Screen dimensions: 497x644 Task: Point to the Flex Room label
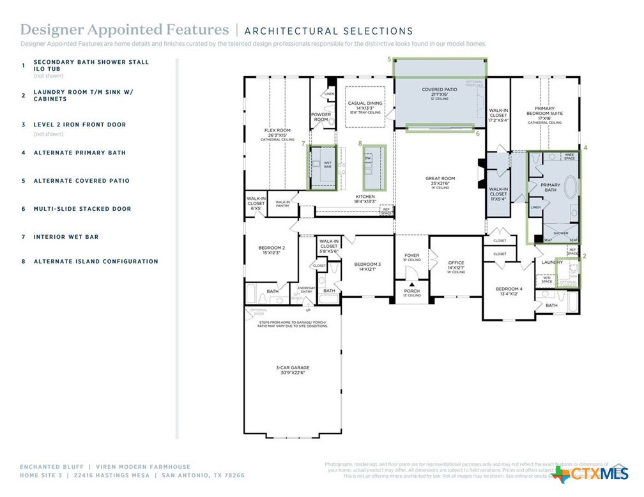point(277,132)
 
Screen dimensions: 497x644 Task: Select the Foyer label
point(412,257)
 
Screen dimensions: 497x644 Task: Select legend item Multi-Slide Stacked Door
point(82,209)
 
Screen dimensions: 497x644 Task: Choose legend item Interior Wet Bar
point(66,237)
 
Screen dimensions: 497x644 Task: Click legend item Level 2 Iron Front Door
point(80,125)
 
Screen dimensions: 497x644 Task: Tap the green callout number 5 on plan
point(389,59)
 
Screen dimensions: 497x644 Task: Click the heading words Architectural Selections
point(328,31)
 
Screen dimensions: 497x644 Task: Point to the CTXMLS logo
point(592,473)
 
